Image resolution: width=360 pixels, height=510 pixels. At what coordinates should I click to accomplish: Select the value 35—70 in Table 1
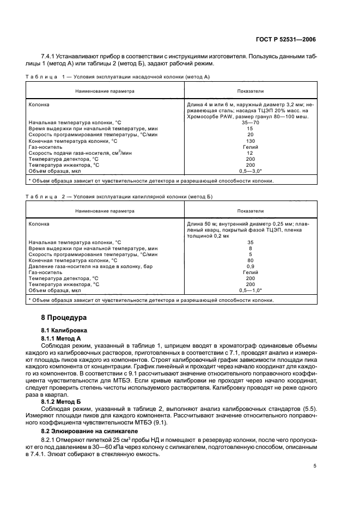click(251, 123)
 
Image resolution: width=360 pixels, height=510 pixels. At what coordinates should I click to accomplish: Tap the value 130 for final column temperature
click(251, 141)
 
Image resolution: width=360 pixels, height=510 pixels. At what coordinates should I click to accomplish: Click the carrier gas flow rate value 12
click(251, 153)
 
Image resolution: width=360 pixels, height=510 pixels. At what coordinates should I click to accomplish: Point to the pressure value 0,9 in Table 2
click(251, 266)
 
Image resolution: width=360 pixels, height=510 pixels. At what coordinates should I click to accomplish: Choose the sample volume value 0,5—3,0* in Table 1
click(251, 171)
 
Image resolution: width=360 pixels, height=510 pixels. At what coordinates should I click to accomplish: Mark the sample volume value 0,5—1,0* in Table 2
click(251, 290)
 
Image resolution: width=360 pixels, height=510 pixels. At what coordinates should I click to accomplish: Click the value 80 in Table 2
click(251, 260)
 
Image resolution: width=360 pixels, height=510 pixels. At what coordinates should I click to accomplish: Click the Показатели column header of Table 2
click(251, 211)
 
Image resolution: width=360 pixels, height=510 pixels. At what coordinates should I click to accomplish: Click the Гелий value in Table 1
click(251, 147)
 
